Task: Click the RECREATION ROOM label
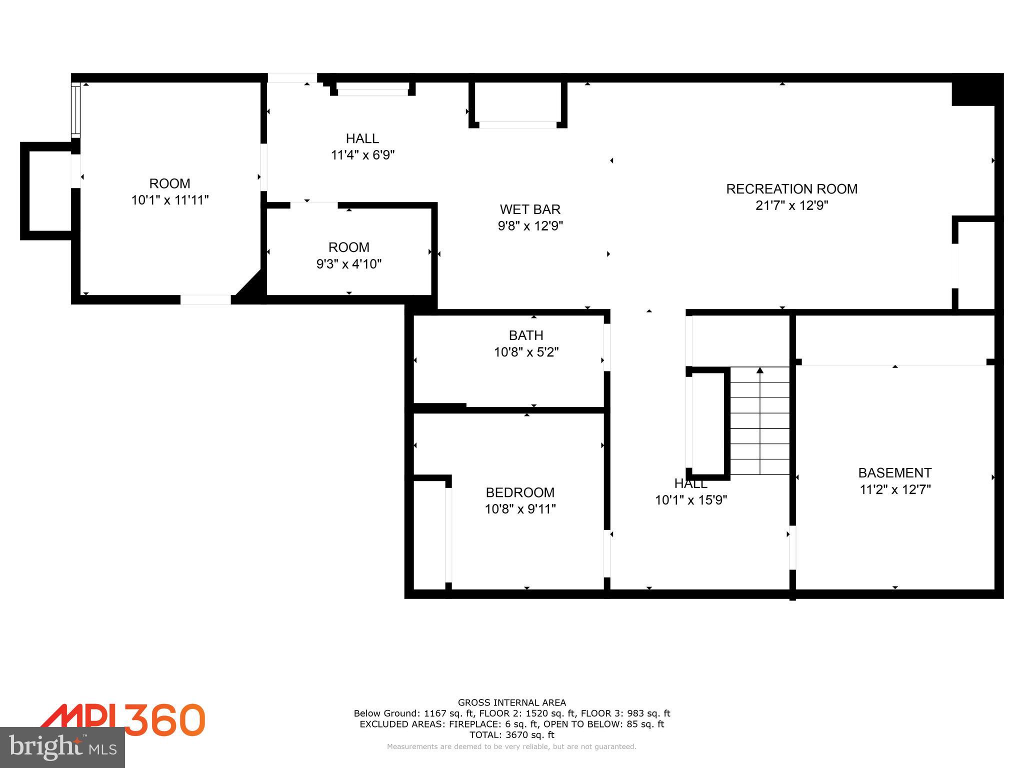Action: [x=791, y=189]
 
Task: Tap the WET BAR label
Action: [x=530, y=209]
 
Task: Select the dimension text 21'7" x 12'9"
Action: [x=791, y=205]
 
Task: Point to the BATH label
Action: [x=526, y=335]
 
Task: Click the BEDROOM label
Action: [x=520, y=492]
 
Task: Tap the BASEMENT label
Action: [x=894, y=472]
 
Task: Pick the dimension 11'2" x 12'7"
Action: [x=894, y=489]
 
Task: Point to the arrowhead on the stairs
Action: [x=760, y=370]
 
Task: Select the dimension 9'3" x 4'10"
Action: [x=349, y=264]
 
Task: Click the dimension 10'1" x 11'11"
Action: [x=169, y=200]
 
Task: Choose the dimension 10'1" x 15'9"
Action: [x=691, y=500]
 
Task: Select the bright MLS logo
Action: [x=62, y=747]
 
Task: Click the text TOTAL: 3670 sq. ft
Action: [x=511, y=735]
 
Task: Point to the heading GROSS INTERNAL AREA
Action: [x=511, y=702]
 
